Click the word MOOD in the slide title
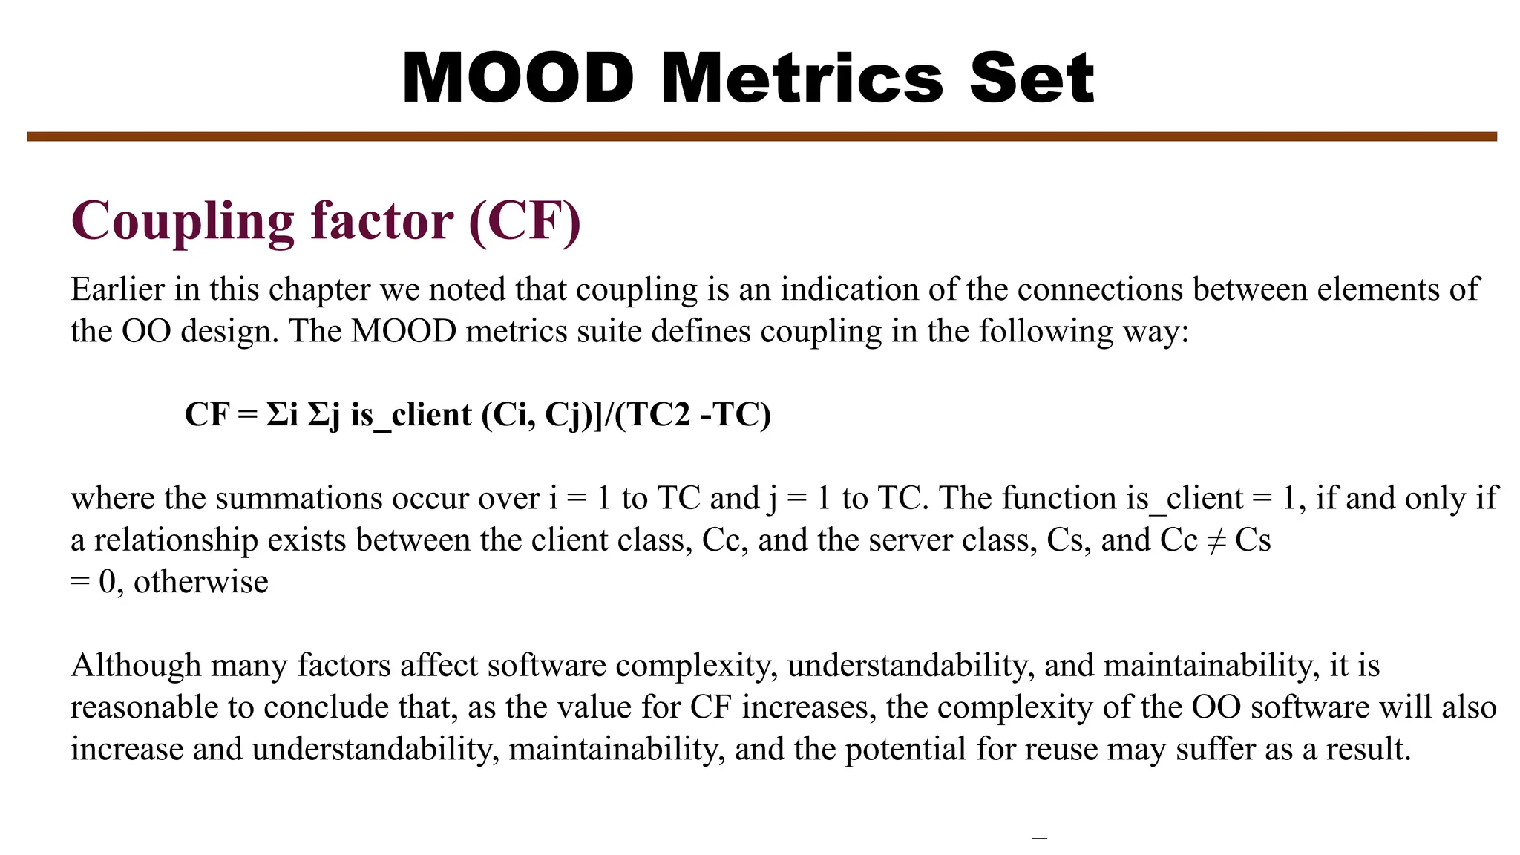tap(517, 78)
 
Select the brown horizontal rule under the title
tap(761, 137)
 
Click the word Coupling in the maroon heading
tap(183, 221)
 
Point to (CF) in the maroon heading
tap(525, 221)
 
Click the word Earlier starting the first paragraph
tap(117, 289)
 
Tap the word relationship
tap(176, 540)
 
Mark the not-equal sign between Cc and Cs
tap(1216, 540)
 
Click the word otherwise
tap(200, 582)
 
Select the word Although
tap(136, 666)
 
